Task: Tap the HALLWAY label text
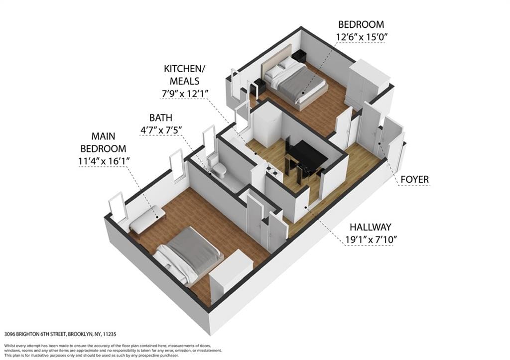point(371,227)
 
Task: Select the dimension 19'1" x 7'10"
point(371,240)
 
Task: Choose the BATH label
point(161,118)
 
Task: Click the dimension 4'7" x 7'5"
point(161,130)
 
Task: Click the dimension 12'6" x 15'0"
point(361,36)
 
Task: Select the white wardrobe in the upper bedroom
point(368,84)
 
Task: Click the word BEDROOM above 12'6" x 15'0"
point(361,24)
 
